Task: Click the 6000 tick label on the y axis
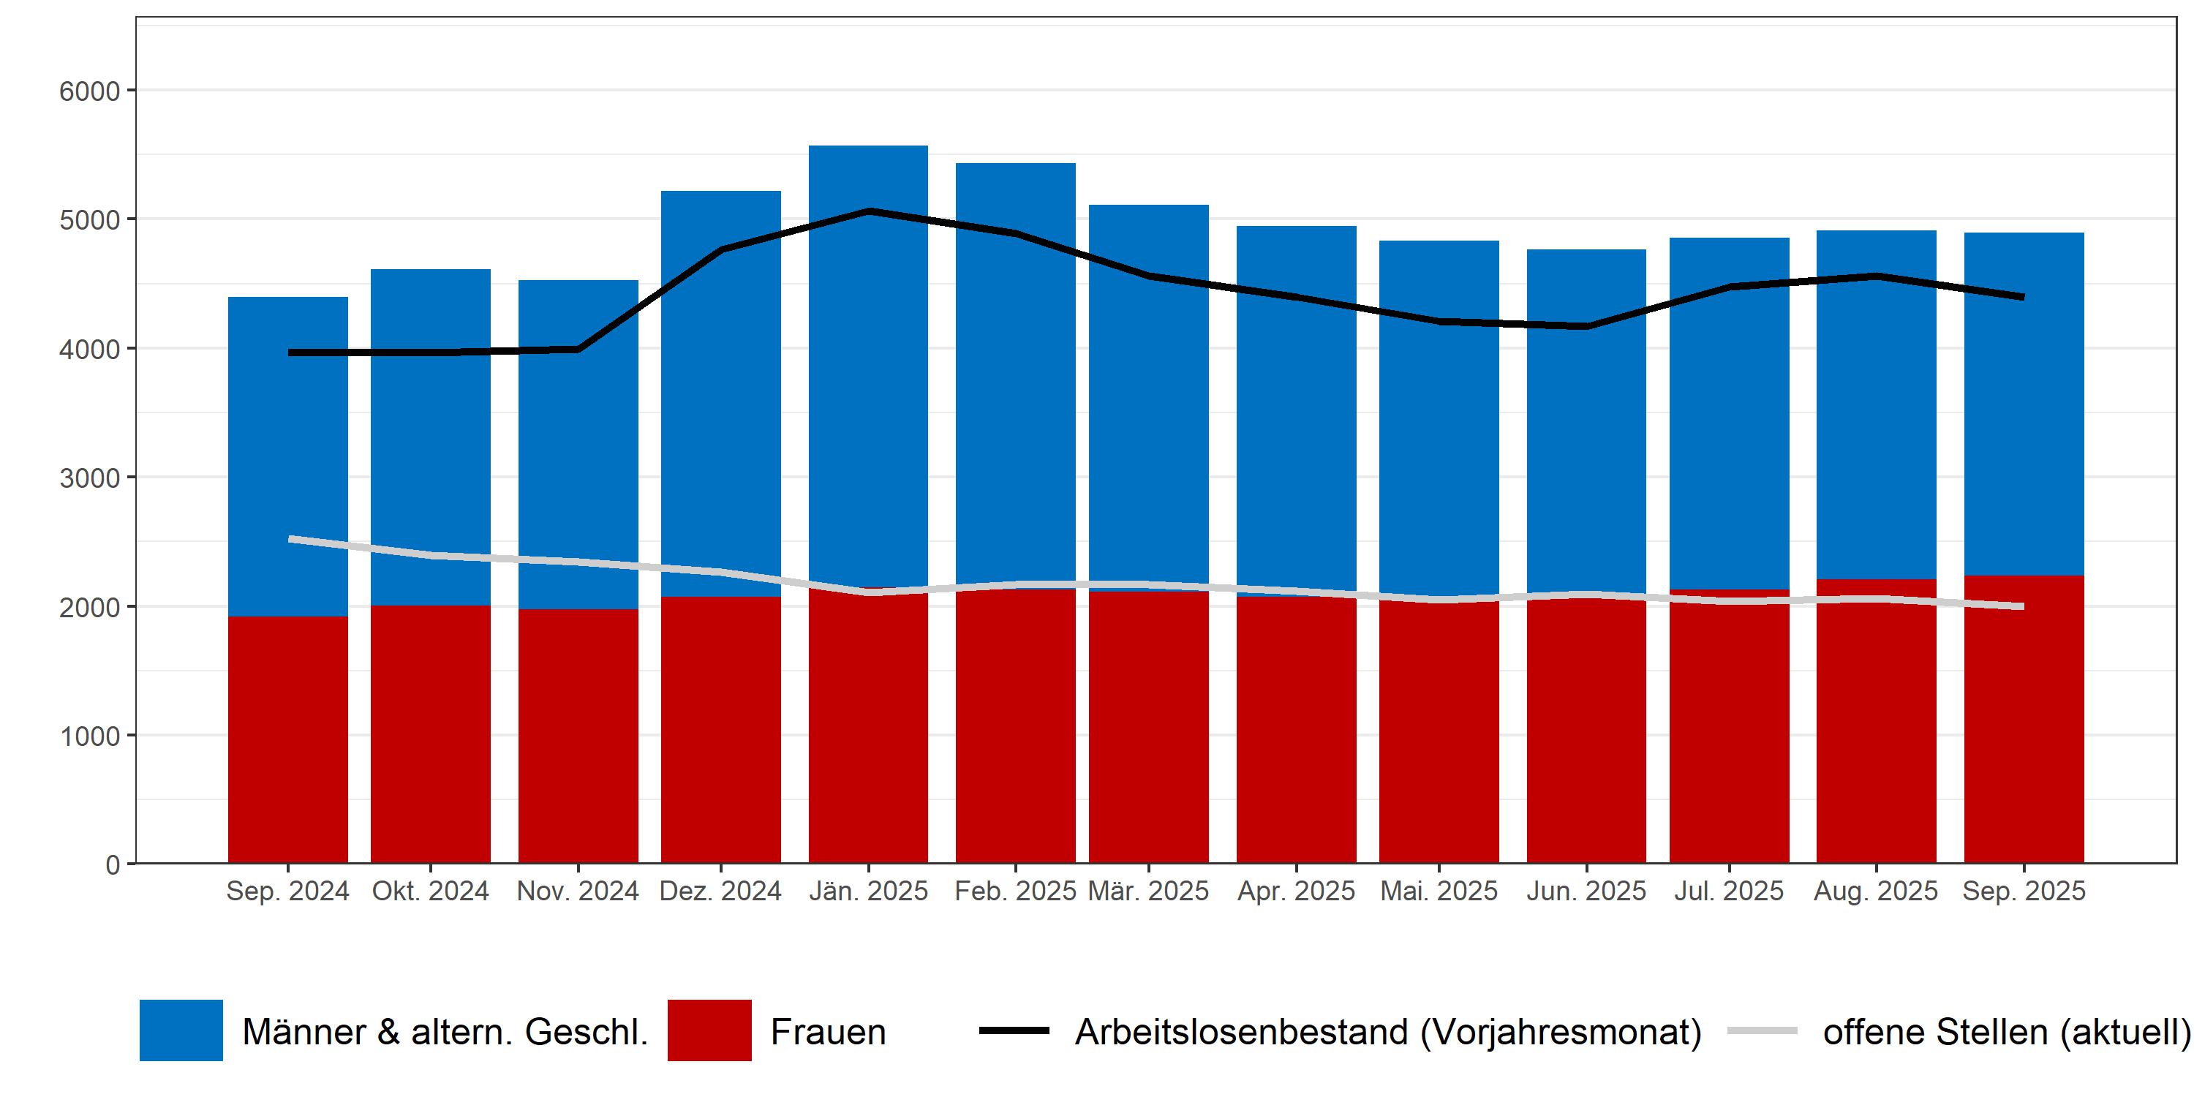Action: point(89,91)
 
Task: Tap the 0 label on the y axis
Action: point(113,865)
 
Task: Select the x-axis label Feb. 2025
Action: point(1015,891)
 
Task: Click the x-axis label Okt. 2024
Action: point(430,891)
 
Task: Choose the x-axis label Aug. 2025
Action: point(1875,891)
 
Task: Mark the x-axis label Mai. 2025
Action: point(1439,891)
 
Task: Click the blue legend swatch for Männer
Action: point(181,1030)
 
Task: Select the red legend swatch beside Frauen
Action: point(709,1030)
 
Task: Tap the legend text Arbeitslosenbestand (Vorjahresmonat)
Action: point(1388,1031)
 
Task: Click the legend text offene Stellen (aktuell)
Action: point(2006,1031)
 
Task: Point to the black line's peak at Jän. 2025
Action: point(868,211)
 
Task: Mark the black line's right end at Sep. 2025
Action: point(2023,296)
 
